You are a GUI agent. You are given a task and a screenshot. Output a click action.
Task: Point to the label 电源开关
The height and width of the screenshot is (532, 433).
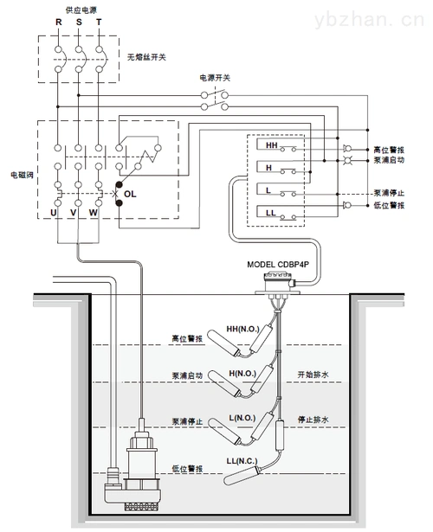(216, 77)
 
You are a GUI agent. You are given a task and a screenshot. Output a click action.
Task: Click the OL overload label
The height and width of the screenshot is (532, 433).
(131, 195)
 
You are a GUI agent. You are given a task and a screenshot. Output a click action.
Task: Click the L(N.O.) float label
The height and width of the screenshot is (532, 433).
(245, 417)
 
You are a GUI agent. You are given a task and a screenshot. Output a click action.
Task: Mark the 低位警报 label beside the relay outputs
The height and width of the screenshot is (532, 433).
(389, 205)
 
